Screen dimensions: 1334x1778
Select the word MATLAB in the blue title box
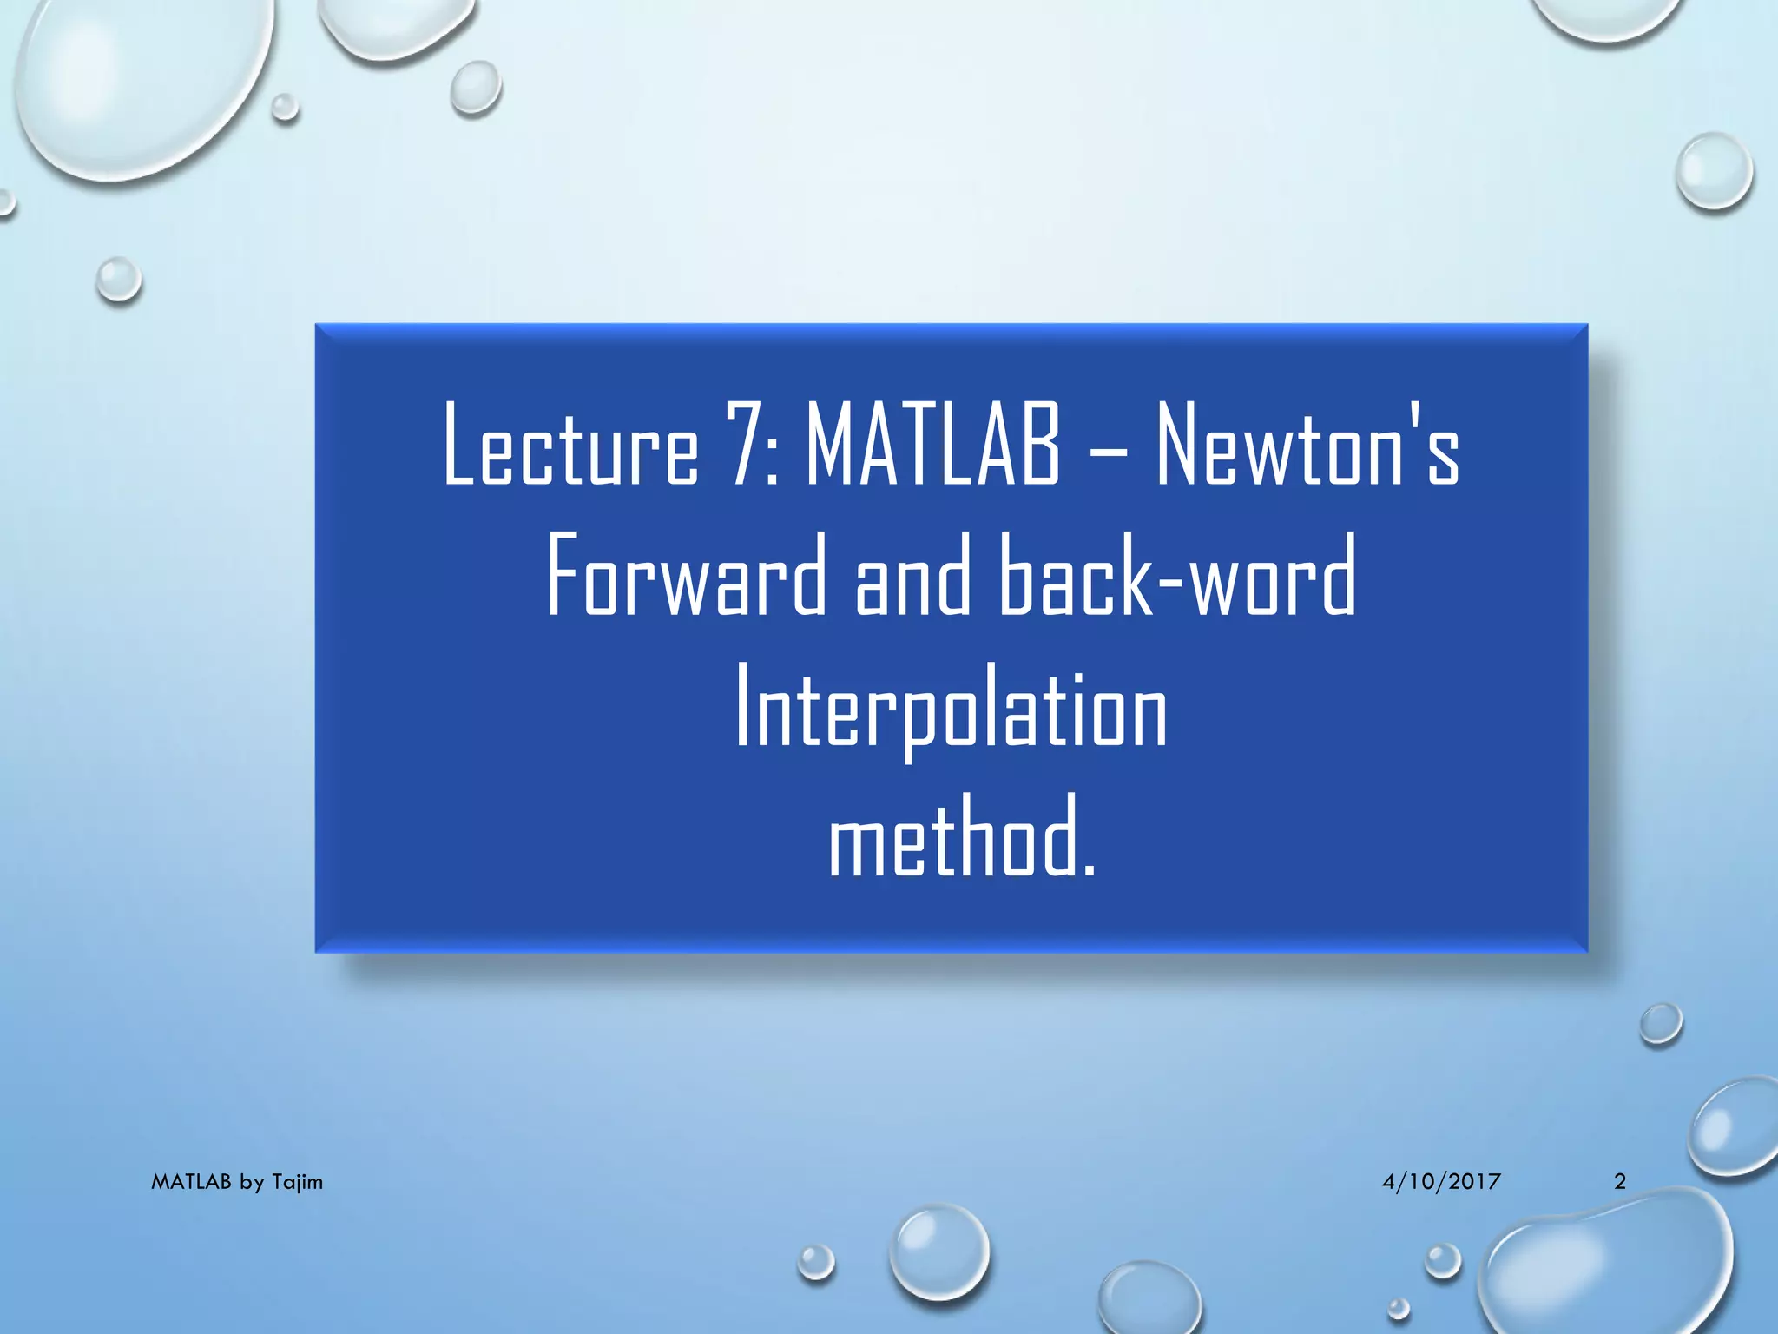point(933,445)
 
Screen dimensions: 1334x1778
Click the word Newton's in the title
point(1307,445)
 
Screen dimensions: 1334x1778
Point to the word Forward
point(687,576)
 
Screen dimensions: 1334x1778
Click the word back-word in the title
point(1177,576)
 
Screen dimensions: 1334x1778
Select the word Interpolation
point(952,708)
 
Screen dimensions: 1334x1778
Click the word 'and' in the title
point(912,576)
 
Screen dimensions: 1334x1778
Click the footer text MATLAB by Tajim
point(237,1182)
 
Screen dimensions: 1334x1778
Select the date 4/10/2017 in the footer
point(1441,1181)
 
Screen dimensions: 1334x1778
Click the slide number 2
point(1619,1181)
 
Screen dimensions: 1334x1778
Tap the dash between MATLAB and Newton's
point(1108,452)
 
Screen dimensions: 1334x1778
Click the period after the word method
point(1090,870)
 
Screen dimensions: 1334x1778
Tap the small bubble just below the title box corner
point(1661,1024)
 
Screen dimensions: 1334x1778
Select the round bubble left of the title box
point(118,280)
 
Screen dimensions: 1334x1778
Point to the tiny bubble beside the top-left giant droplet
point(284,108)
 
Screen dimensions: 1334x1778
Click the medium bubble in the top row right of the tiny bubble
point(476,88)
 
